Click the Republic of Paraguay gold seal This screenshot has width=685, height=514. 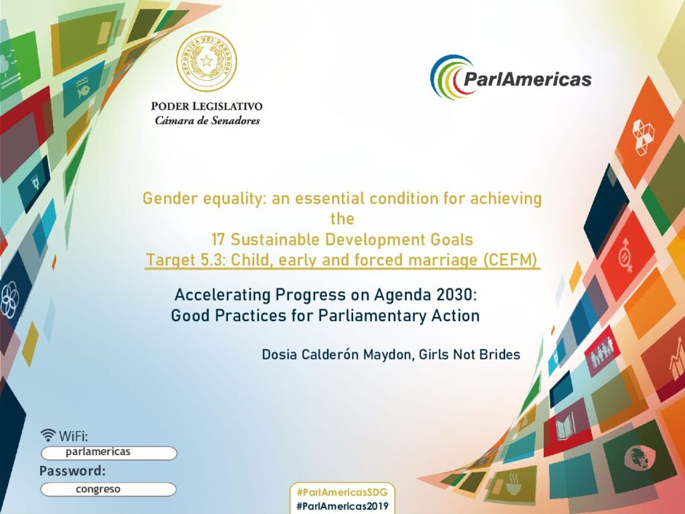[x=206, y=62]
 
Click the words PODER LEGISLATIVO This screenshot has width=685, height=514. [x=207, y=106]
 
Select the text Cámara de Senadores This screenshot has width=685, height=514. [x=207, y=120]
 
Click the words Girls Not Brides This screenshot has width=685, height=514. [x=470, y=354]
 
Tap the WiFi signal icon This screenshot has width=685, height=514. [x=48, y=435]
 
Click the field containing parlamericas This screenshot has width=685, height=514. [x=109, y=453]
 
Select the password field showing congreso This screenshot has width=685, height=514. [x=108, y=489]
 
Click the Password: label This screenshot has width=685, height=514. [x=72, y=471]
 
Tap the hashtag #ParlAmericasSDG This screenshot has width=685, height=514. [x=342, y=492]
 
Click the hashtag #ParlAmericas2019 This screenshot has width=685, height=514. [x=342, y=506]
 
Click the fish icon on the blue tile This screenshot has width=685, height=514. [x=82, y=89]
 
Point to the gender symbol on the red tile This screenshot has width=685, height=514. [x=625, y=255]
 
